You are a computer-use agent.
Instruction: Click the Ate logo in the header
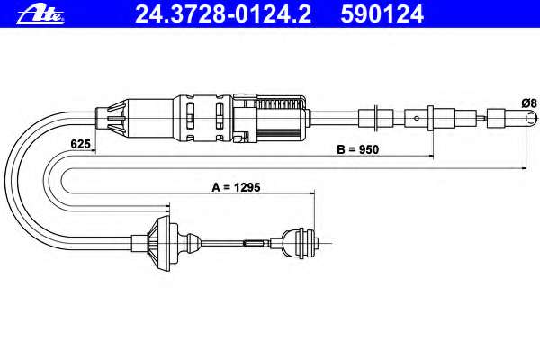tap(40, 14)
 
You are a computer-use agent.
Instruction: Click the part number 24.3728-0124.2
tap(223, 14)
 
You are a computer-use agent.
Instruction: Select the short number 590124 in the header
tap(382, 14)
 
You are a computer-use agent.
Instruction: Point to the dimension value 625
tap(80, 144)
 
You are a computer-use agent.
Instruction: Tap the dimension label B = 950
tap(357, 149)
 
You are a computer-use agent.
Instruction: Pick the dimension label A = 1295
tap(236, 187)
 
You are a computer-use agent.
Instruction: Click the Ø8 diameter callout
tap(529, 103)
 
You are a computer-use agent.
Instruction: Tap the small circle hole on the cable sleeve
tap(417, 118)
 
